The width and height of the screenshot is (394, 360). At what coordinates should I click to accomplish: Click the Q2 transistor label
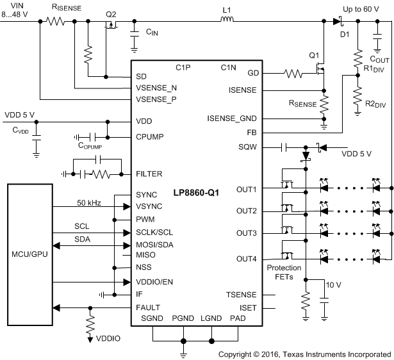111,15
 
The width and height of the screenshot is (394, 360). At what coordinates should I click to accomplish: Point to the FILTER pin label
150,174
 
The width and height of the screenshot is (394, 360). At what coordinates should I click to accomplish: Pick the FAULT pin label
148,307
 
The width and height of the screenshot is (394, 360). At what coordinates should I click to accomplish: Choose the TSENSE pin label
242,295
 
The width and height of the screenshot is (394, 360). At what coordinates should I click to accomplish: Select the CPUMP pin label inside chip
153,136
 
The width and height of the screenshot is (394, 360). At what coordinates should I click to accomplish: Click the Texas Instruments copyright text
305,354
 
